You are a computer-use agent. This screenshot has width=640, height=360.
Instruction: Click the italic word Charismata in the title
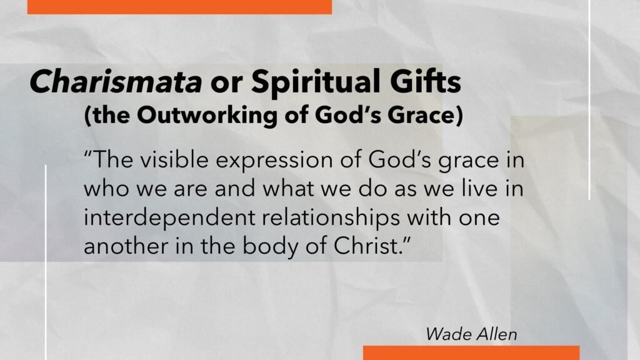click(116, 81)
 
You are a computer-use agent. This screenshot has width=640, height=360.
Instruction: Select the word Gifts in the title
click(425, 81)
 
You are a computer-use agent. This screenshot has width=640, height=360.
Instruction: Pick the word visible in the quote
click(175, 159)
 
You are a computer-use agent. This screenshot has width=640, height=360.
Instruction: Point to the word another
click(126, 246)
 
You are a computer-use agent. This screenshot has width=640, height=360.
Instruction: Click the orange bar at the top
click(179, 7)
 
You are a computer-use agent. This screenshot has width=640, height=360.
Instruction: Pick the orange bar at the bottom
click(471, 352)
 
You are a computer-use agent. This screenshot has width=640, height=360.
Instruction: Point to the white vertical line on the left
click(45, 262)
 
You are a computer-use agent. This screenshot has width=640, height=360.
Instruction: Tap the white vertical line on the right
click(589, 99)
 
